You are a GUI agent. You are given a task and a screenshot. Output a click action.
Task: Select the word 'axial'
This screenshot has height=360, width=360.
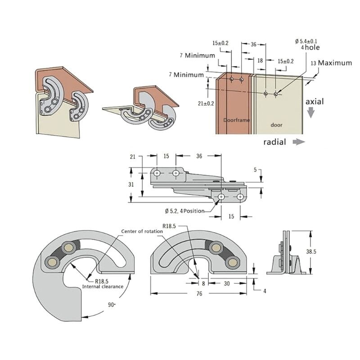pyautogui.click(x=315, y=102)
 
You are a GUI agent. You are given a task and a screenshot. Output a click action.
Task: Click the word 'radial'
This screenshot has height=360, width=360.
pyautogui.click(x=275, y=142)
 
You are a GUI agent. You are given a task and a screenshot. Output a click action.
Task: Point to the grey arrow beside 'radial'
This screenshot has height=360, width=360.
pyautogui.click(x=298, y=142)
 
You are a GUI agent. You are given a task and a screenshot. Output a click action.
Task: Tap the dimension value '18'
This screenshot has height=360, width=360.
pyautogui.click(x=260, y=60)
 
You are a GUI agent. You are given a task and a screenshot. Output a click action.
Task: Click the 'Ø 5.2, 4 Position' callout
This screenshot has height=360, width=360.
pyautogui.click(x=184, y=211)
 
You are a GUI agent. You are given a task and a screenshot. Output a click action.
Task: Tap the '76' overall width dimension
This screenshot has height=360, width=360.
pyautogui.click(x=199, y=293)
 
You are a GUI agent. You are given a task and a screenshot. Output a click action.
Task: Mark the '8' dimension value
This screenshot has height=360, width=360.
pyautogui.click(x=203, y=283)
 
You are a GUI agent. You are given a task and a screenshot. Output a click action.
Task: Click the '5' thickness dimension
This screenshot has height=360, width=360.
pyautogui.click(x=255, y=170)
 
